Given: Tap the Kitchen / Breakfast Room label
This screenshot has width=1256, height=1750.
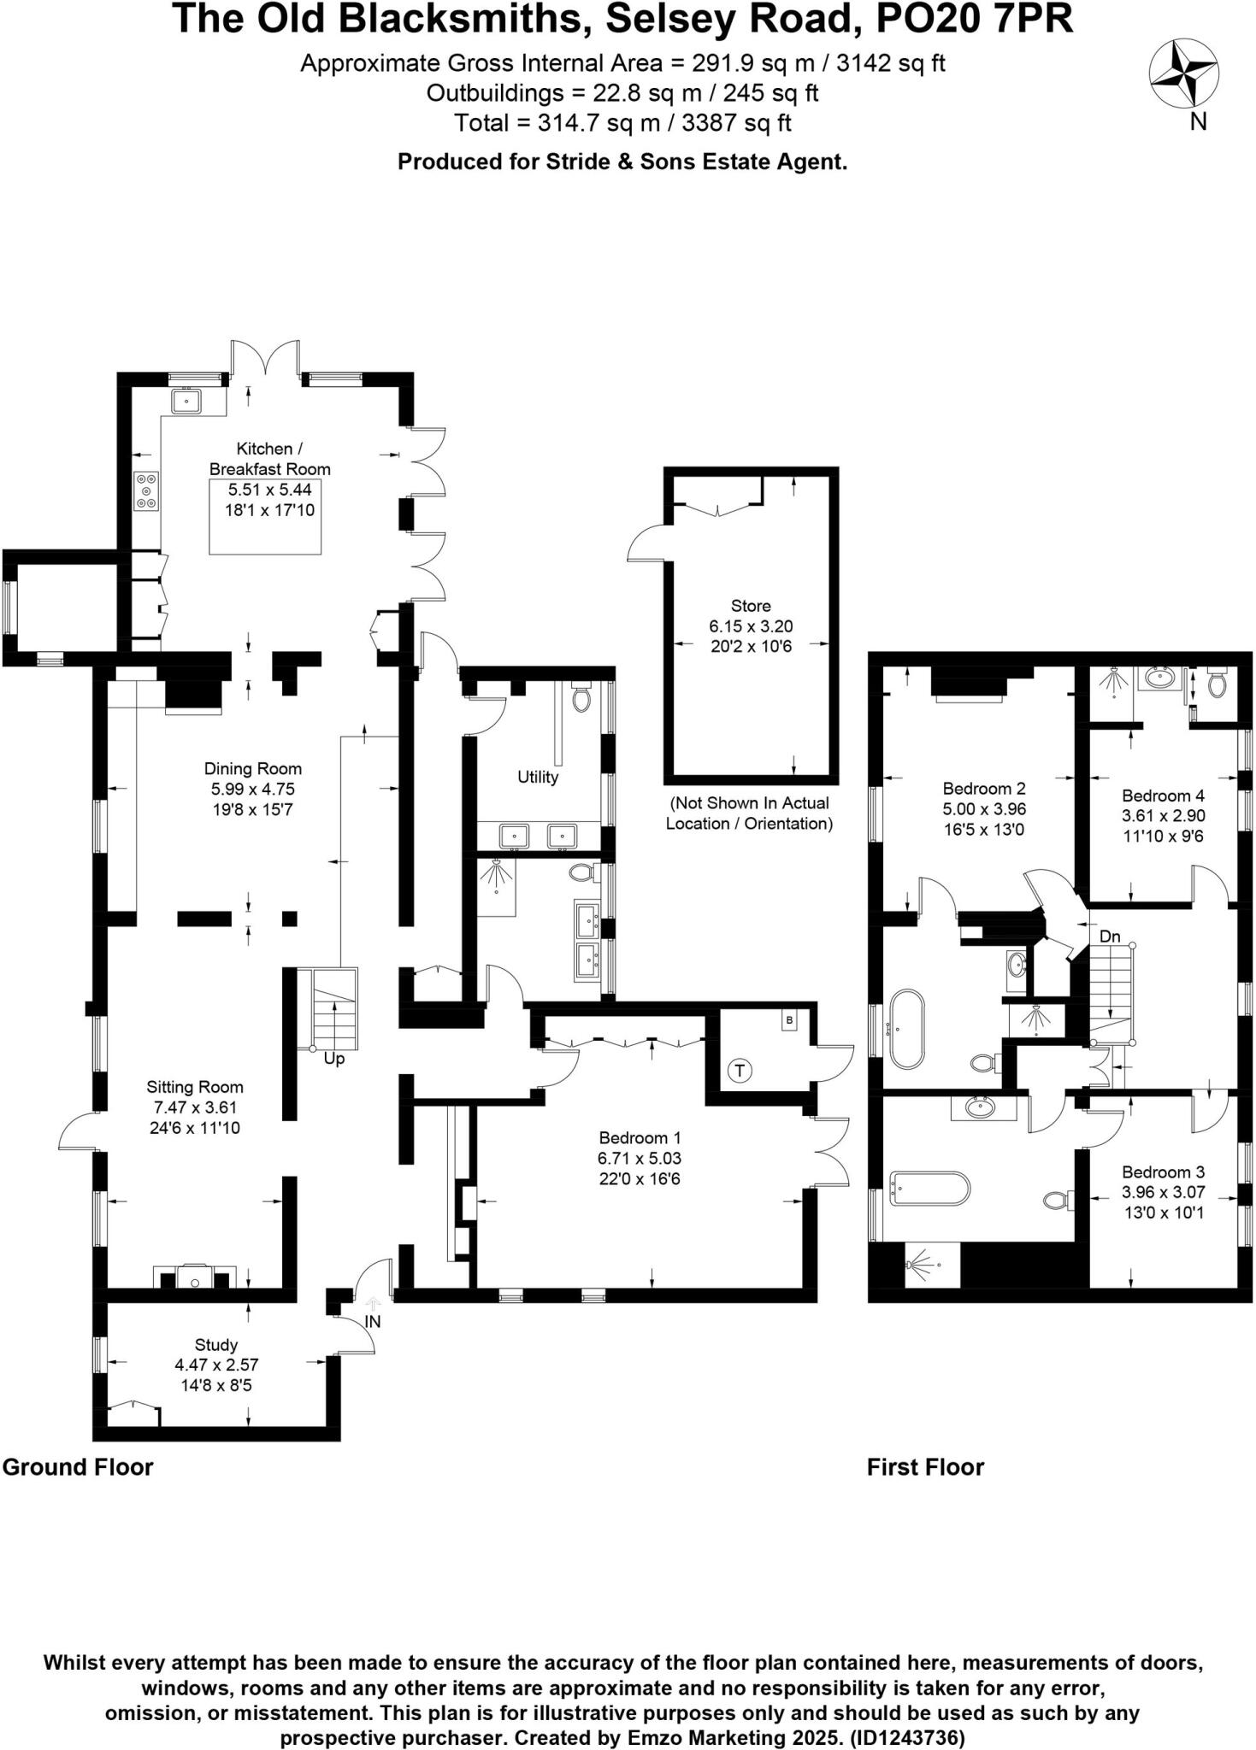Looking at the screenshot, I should (269, 458).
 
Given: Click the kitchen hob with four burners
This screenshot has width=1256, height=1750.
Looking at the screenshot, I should (147, 491).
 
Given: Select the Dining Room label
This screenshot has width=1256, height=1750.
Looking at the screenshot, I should (252, 768).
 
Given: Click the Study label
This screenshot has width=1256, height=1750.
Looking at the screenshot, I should (215, 1344).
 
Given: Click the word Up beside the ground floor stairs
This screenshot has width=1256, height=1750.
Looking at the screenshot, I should (334, 1059).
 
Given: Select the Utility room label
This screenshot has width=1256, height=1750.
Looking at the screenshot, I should (538, 777).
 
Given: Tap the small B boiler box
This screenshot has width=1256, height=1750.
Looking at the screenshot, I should (789, 1020).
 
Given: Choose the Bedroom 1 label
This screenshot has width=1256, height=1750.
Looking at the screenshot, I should (640, 1137).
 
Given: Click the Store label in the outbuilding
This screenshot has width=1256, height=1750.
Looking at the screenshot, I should (751, 606).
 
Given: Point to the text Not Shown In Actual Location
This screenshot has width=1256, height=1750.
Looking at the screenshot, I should (749, 813).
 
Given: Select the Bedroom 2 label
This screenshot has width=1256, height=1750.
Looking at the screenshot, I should (983, 788).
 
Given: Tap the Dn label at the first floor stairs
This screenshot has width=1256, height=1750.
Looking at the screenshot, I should (1109, 937).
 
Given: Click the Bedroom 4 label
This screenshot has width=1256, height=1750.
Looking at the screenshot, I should (1163, 795).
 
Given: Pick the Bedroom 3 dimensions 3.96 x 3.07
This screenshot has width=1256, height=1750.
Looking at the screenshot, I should (1163, 1192).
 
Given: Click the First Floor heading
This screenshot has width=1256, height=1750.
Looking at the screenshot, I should (925, 1467).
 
